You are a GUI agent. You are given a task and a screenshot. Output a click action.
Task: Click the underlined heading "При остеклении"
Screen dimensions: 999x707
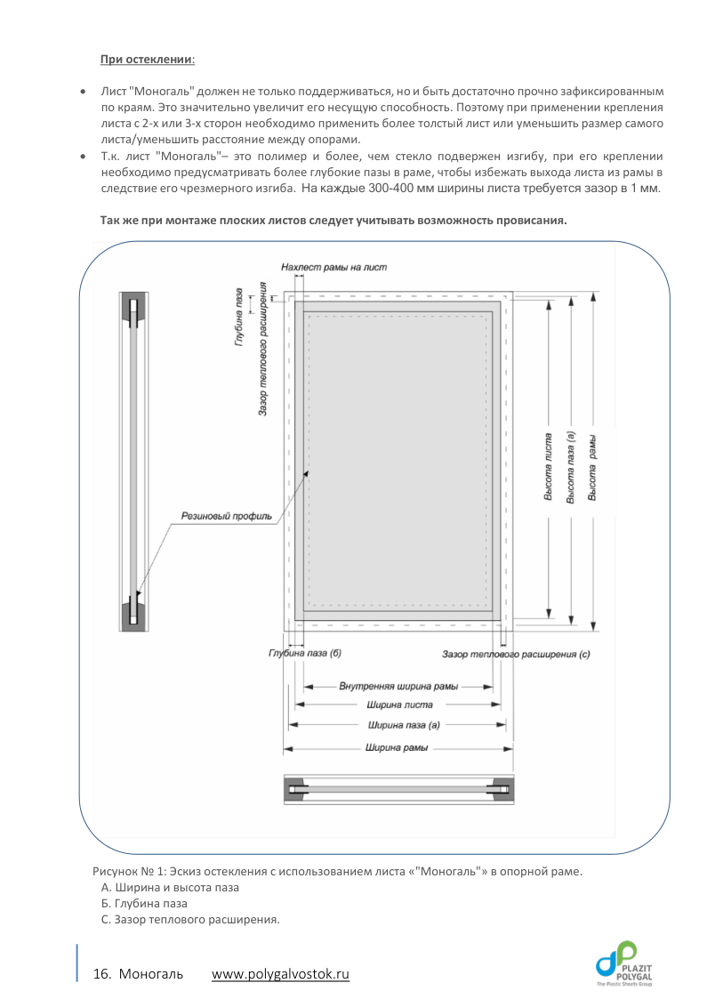[148, 60]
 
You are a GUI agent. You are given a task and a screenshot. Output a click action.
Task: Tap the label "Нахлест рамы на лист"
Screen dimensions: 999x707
[333, 267]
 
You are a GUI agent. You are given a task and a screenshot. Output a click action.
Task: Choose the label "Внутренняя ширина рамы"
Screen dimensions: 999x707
[398, 687]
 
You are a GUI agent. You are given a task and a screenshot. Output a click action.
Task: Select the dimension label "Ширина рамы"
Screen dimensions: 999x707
[398, 747]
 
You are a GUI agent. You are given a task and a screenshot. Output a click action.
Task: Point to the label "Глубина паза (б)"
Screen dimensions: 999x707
[305, 654]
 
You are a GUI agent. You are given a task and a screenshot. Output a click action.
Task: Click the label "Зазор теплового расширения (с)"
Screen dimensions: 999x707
[516, 654]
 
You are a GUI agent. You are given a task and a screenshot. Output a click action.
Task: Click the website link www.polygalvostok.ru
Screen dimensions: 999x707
[280, 975]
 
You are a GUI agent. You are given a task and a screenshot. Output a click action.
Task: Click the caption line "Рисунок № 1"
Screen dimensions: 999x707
[337, 871]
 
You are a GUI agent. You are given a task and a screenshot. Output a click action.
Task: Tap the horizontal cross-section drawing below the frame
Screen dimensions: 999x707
[398, 788]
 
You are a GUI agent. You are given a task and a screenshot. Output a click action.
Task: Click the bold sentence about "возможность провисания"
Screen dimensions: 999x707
[333, 220]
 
